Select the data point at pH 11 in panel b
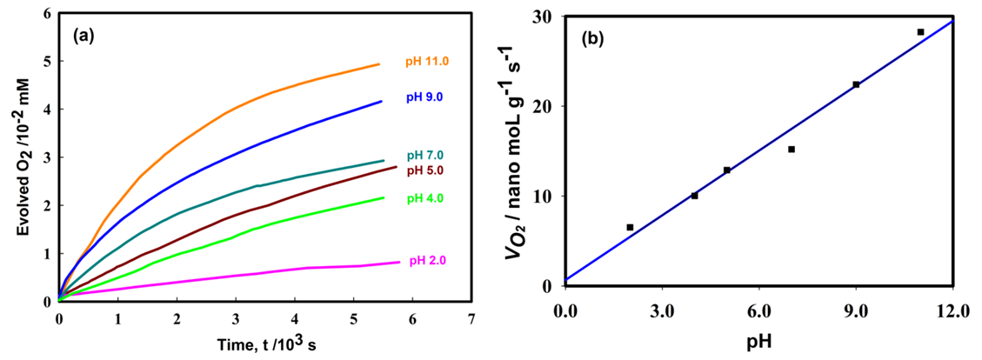(920, 32)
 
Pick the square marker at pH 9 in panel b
(856, 84)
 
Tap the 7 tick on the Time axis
(471, 317)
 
